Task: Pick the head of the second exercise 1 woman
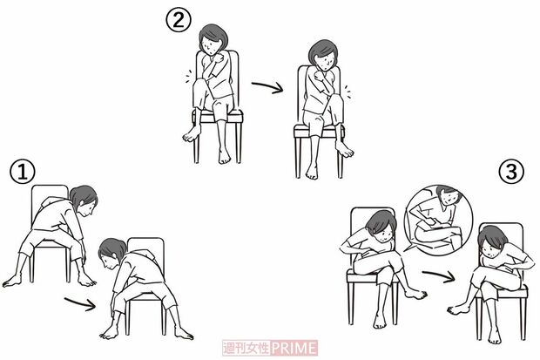(112, 253)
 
